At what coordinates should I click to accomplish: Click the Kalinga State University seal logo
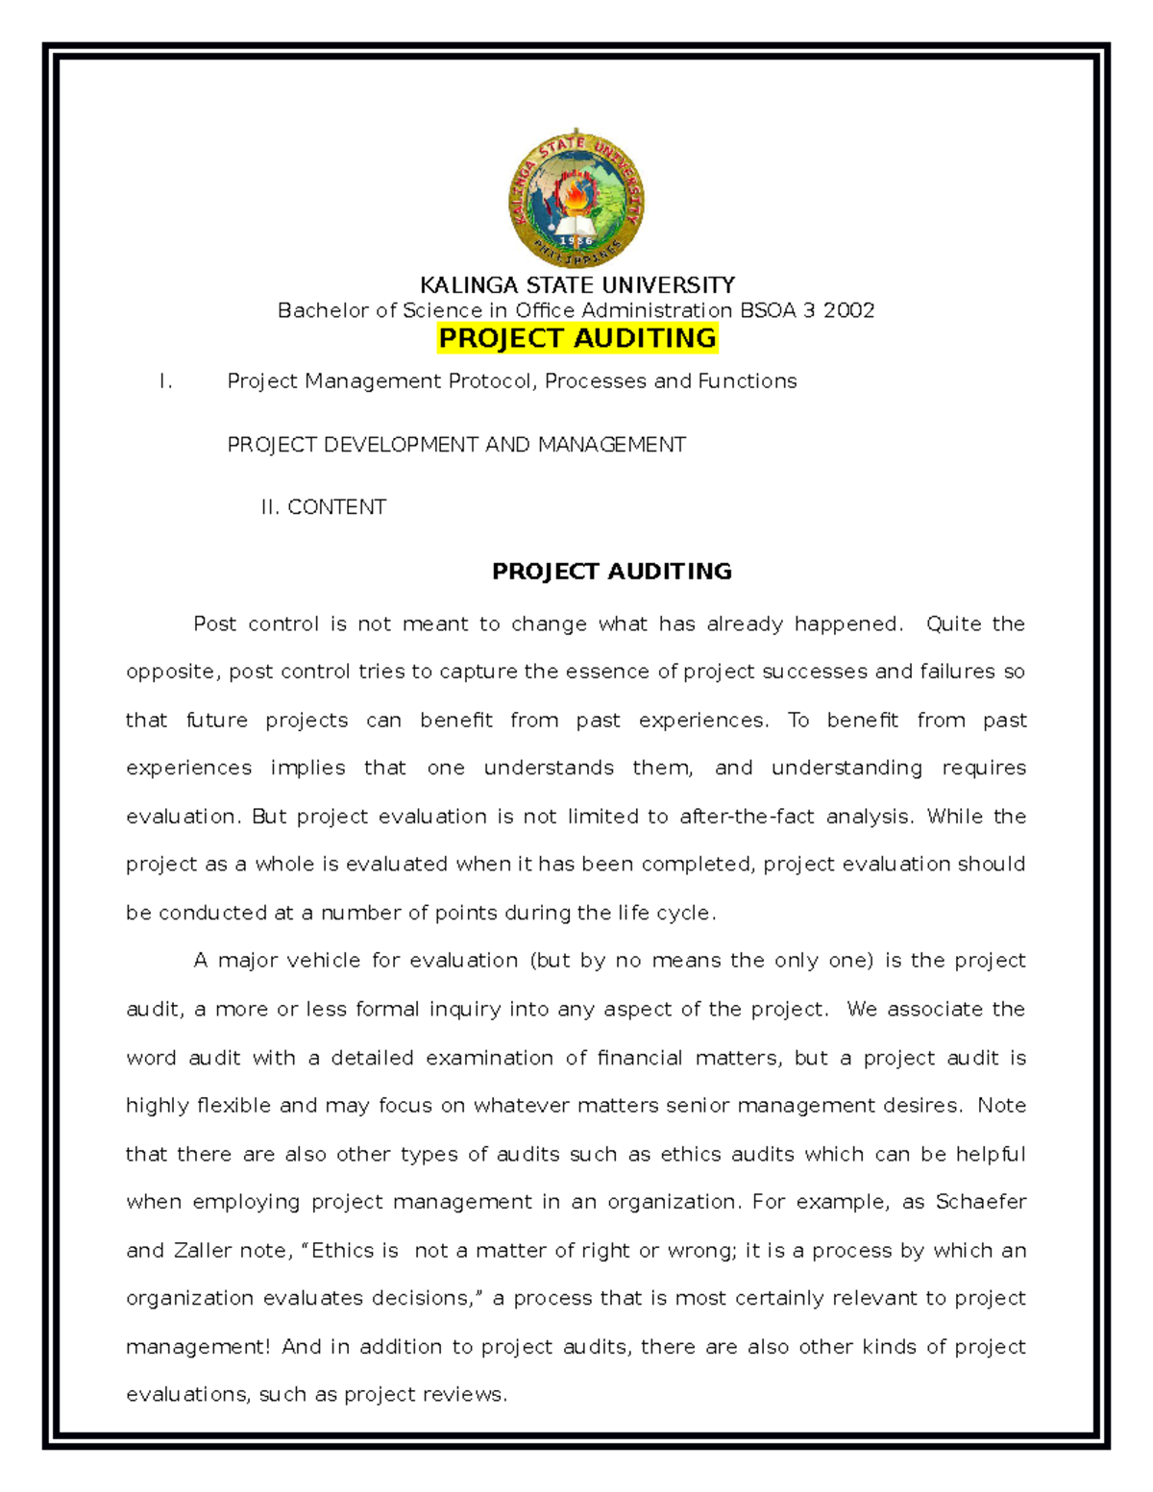tap(576, 200)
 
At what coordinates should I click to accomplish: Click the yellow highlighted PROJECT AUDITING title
tap(576, 338)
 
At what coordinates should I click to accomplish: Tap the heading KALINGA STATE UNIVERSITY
tap(576, 285)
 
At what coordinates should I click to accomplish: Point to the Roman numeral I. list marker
tap(166, 381)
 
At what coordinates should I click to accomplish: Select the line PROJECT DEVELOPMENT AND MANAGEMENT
tap(456, 445)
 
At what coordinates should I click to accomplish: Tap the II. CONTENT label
tap(324, 507)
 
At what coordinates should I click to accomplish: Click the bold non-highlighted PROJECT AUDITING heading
tap(611, 572)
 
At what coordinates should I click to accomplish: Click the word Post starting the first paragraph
tap(214, 624)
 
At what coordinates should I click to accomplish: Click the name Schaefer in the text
tap(980, 1202)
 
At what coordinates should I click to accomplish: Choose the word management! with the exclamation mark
tap(198, 1347)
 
